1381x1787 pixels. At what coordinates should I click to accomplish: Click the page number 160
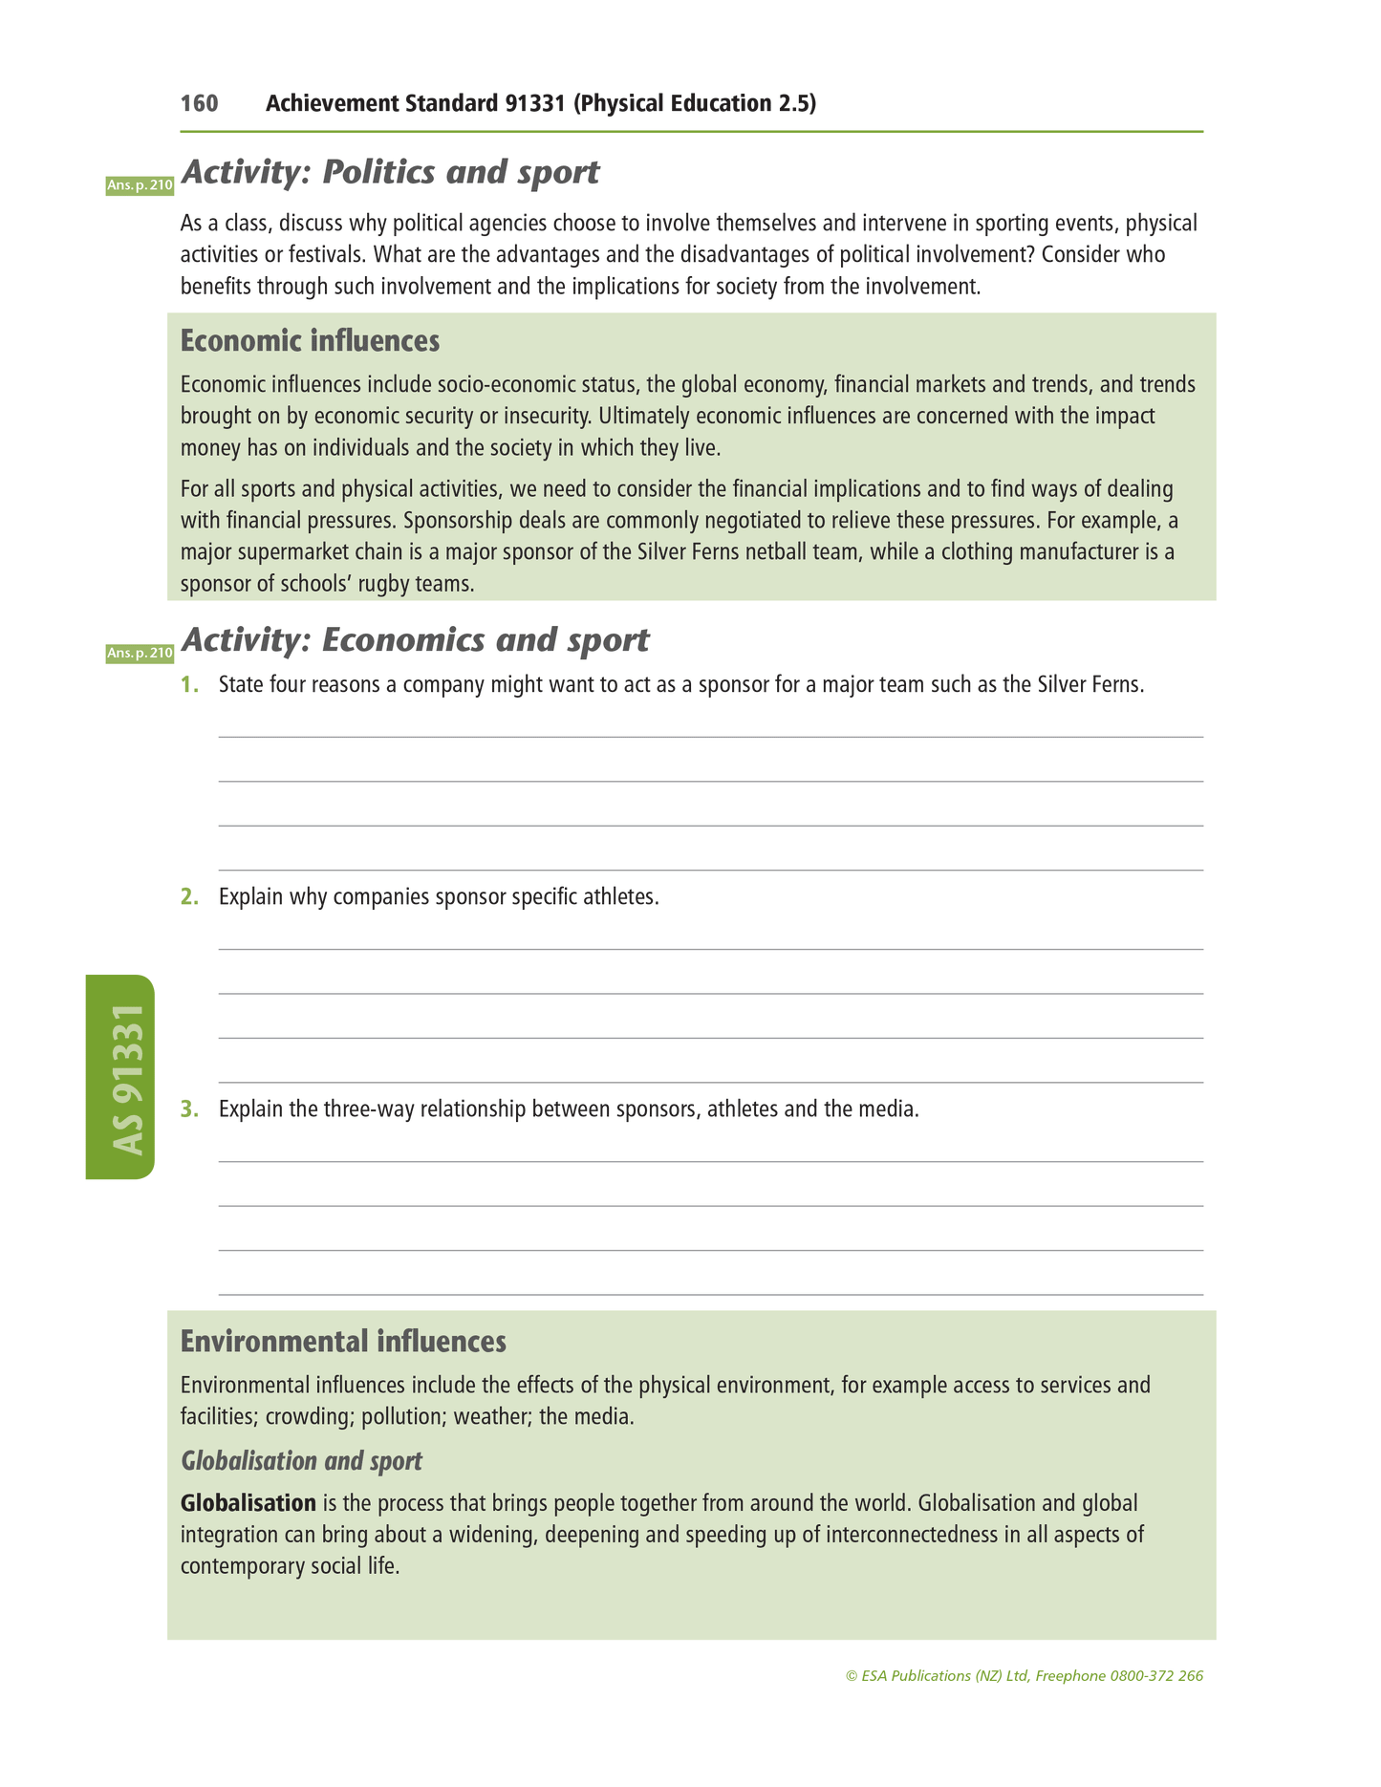199,103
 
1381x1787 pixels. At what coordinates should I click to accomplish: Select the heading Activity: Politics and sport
390,172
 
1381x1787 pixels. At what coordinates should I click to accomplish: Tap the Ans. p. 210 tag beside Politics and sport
140,185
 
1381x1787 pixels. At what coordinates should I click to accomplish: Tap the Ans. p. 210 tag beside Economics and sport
140,654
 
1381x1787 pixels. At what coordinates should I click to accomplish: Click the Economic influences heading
310,340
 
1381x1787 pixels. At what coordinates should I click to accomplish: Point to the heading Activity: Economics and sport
415,640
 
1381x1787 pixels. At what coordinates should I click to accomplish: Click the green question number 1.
189,685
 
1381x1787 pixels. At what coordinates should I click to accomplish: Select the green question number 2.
189,897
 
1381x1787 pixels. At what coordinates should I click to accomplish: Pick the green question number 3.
189,1109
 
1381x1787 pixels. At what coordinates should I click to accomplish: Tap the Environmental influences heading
343,1342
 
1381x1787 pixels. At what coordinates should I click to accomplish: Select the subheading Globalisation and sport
301,1461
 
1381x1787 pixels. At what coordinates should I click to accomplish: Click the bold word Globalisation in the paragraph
248,1503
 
